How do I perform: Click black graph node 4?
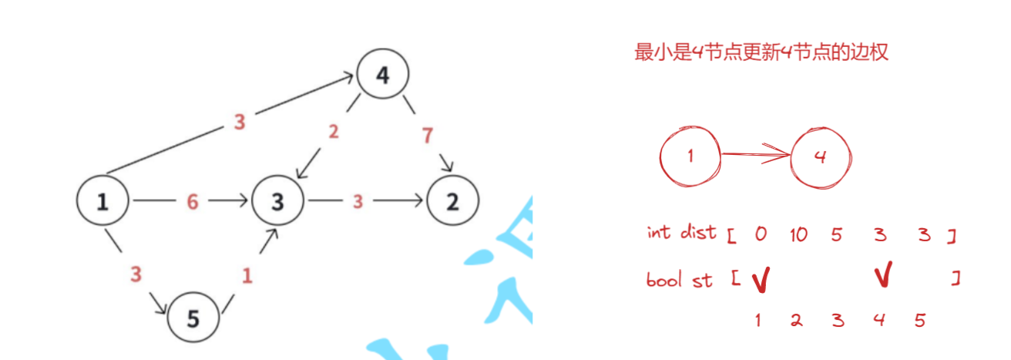382,75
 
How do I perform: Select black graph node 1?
102,201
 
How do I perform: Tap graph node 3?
277,201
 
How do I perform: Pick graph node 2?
452,201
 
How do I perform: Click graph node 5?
193,318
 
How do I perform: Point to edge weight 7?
427,136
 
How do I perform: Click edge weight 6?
193,201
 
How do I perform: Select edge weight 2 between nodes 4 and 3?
333,132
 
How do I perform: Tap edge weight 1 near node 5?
247,276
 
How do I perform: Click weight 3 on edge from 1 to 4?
240,121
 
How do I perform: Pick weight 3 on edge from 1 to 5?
136,274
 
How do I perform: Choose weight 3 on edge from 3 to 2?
358,201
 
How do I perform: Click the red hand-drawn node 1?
690,156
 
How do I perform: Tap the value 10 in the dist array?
798,234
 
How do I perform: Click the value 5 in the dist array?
837,234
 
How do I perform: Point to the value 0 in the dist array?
761,234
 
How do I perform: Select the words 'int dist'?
682,232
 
